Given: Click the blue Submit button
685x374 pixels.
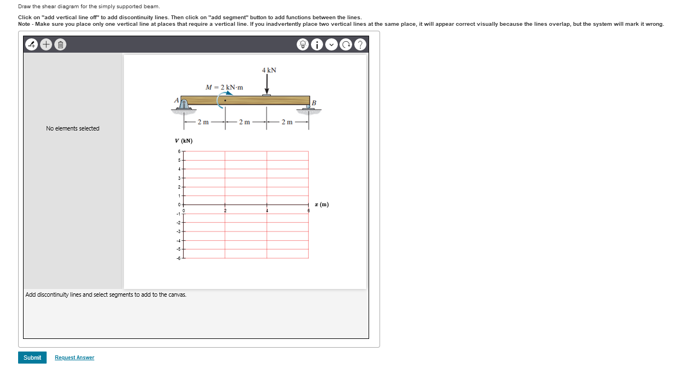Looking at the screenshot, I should coord(32,358).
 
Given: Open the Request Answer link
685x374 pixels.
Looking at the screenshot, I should coord(75,358).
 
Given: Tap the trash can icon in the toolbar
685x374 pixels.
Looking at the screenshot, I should coord(61,44).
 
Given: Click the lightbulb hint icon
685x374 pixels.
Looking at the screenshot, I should coord(303,45).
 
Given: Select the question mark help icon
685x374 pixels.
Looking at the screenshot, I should coord(360,45).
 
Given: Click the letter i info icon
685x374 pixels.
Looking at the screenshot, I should coord(318,45).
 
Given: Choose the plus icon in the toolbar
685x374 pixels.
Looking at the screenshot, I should coord(46,44).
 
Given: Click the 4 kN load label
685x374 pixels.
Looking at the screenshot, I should coord(269,70).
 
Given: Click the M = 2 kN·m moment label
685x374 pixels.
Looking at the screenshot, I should coord(224,87).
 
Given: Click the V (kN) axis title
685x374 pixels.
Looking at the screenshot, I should coord(183,141).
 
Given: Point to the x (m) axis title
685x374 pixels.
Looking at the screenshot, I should coord(322,205).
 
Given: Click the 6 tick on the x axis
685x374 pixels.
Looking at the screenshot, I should coord(308,211).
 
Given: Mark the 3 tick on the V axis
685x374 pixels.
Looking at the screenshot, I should coord(179,178).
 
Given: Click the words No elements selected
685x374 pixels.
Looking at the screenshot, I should coord(73,128).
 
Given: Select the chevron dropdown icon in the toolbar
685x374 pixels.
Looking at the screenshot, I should coord(332,45).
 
